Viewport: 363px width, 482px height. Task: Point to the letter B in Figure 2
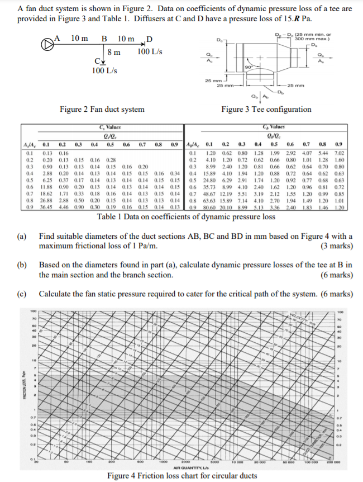tap(104, 39)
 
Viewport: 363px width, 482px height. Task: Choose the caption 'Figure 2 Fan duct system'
tap(102, 109)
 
